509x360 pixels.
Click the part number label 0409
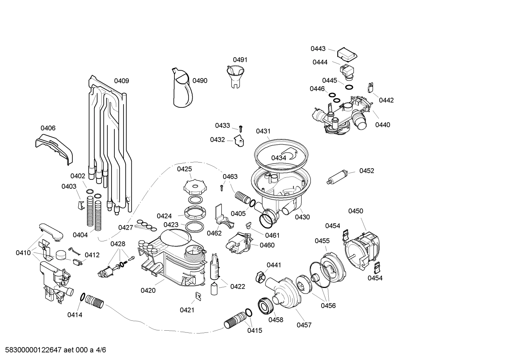point(121,81)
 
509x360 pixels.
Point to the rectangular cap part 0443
point(347,54)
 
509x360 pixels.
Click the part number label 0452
point(366,171)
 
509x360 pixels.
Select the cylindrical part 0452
point(338,177)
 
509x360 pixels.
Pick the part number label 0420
point(148,290)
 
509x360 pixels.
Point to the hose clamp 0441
point(260,276)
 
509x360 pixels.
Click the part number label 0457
point(304,325)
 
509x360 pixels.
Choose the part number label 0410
point(23,253)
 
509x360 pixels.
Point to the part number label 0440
point(383,125)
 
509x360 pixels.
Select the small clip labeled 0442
point(370,87)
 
